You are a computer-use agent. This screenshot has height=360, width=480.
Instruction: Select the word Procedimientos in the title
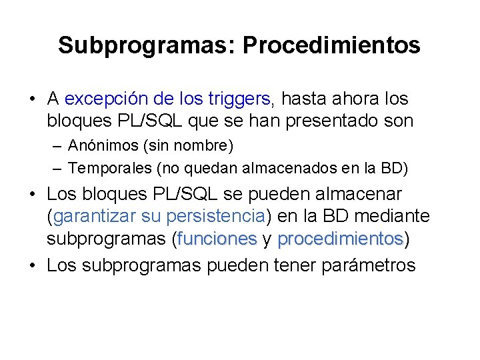click(x=331, y=45)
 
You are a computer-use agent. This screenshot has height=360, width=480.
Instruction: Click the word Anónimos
click(x=101, y=145)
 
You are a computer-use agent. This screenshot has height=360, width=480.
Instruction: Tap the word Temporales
click(x=107, y=168)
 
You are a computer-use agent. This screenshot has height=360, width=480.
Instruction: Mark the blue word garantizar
click(x=95, y=216)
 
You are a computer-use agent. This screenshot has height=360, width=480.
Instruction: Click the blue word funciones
click(x=217, y=238)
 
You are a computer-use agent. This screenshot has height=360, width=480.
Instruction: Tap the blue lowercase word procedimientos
click(x=340, y=238)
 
